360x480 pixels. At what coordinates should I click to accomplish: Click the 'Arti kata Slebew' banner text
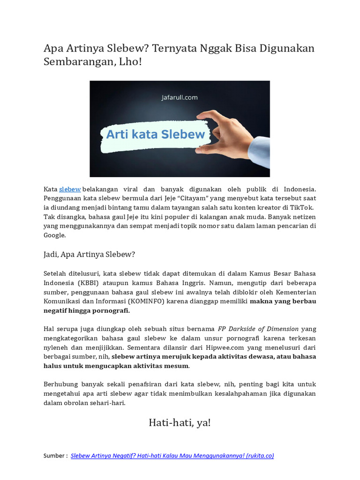(155, 135)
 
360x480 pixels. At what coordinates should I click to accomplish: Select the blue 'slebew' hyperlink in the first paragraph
(70, 189)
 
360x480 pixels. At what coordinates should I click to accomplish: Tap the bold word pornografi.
(112, 310)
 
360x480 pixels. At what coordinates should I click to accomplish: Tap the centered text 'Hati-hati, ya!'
(180, 423)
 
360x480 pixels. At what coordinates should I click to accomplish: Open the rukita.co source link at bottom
(172, 456)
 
